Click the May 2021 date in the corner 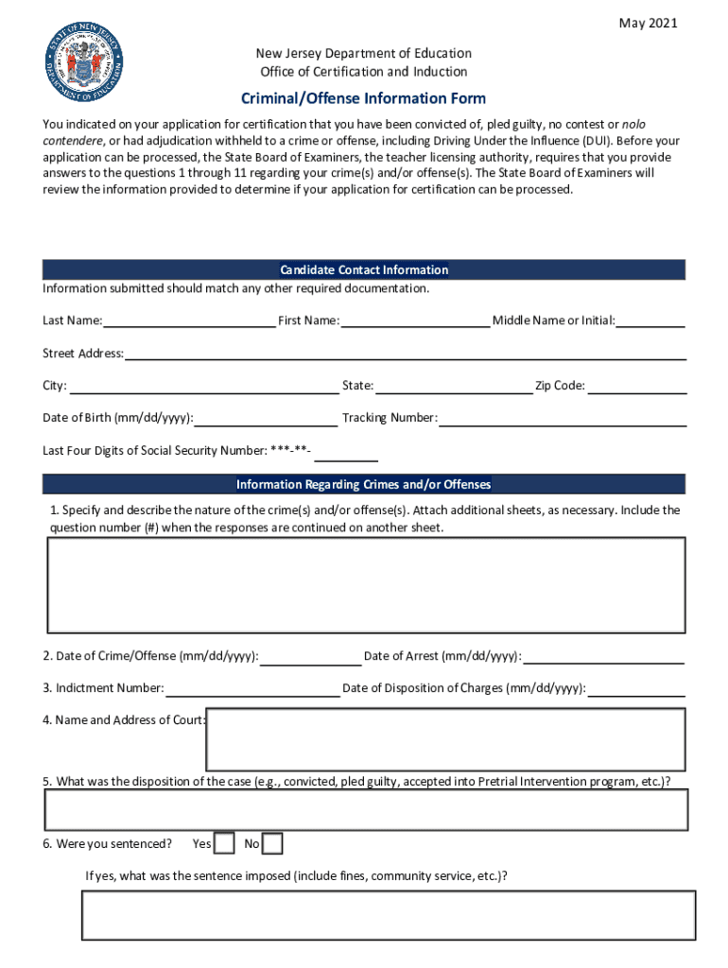point(648,24)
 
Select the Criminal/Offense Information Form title point(364,98)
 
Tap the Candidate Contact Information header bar point(364,270)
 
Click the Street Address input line point(405,353)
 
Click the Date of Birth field point(266,418)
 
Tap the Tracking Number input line point(563,418)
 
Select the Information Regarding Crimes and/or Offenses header point(364,485)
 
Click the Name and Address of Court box point(445,739)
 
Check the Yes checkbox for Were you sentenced point(224,843)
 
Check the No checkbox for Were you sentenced point(272,843)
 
